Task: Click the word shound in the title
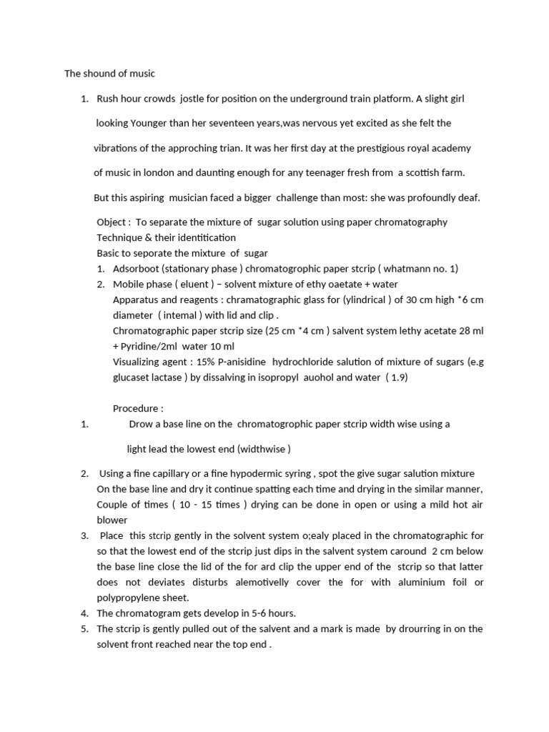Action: (x=102, y=74)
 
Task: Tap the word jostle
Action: (x=197, y=99)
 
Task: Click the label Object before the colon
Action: (x=111, y=222)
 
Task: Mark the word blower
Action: (x=112, y=520)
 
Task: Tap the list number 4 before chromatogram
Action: (x=84, y=613)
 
